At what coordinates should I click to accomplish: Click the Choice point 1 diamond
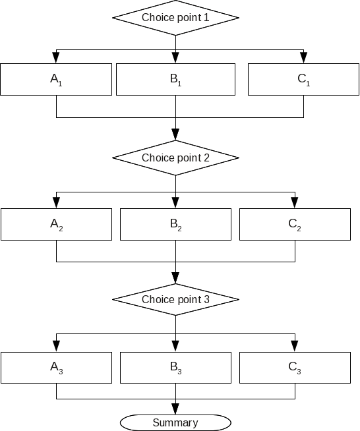click(175, 17)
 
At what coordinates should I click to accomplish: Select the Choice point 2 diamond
click(175, 158)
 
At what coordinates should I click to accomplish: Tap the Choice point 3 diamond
click(175, 300)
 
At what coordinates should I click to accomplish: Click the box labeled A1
click(56, 79)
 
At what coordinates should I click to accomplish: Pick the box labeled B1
click(175, 79)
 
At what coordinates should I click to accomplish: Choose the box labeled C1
click(303, 79)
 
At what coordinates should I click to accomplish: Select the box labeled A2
click(56, 224)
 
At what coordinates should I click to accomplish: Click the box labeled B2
click(175, 224)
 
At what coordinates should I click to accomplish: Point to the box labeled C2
click(295, 224)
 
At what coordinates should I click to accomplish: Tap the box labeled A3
click(56, 368)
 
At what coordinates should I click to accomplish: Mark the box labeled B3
click(175, 368)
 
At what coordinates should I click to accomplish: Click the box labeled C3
click(295, 368)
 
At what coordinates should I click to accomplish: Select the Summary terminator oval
click(175, 422)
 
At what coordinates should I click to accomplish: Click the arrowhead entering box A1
click(56, 58)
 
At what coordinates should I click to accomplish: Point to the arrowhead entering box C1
click(303, 58)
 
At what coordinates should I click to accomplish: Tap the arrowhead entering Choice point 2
click(175, 134)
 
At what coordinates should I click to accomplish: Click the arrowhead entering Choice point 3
click(175, 278)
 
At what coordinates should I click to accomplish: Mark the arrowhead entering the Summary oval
click(175, 410)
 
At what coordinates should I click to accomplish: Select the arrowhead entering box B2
click(175, 203)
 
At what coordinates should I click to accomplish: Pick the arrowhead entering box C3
click(295, 347)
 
